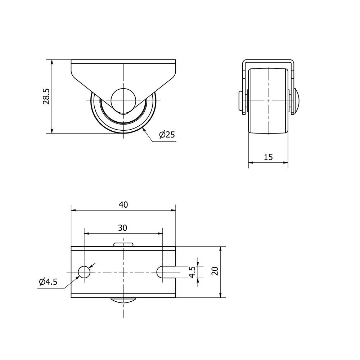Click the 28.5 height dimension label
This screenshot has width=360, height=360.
46,96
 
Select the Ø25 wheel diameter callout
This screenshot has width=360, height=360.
167,134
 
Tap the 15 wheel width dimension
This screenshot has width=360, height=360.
268,157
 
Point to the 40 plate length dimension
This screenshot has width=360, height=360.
123,204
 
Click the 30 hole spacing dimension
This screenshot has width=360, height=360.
123,228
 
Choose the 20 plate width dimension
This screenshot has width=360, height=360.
215,271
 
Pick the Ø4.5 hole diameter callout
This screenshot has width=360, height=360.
48,282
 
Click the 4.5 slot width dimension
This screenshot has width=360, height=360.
192,271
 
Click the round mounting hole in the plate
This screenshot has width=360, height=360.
84,272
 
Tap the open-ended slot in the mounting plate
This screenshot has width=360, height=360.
166,272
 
